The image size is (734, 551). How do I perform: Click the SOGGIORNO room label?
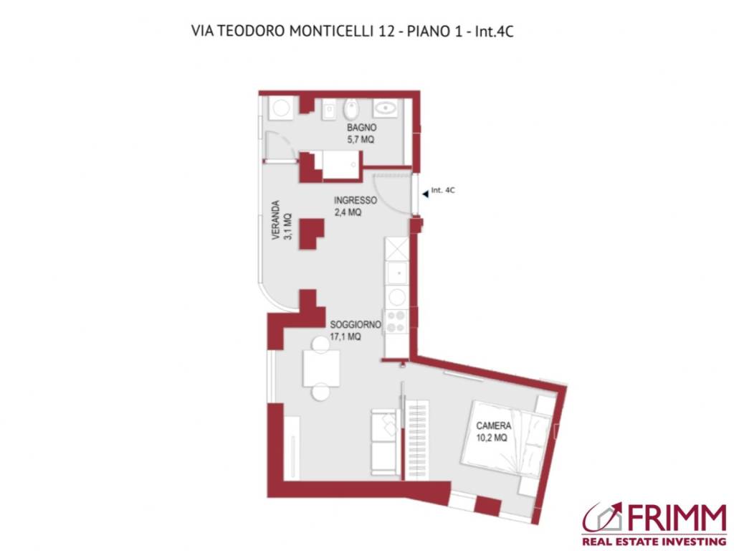pos(355,324)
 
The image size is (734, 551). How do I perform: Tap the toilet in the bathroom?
pos(352,110)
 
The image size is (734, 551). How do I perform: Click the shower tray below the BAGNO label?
pos(340,164)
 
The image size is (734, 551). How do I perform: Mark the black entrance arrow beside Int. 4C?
pos(425,192)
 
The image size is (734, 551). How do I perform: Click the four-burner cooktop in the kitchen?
pos(396,321)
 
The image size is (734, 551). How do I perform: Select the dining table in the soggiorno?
pos(320,368)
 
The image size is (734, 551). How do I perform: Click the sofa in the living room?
pos(384,441)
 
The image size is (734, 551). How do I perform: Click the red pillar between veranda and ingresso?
pos(310,233)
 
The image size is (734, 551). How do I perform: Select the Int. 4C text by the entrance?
pos(443,191)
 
